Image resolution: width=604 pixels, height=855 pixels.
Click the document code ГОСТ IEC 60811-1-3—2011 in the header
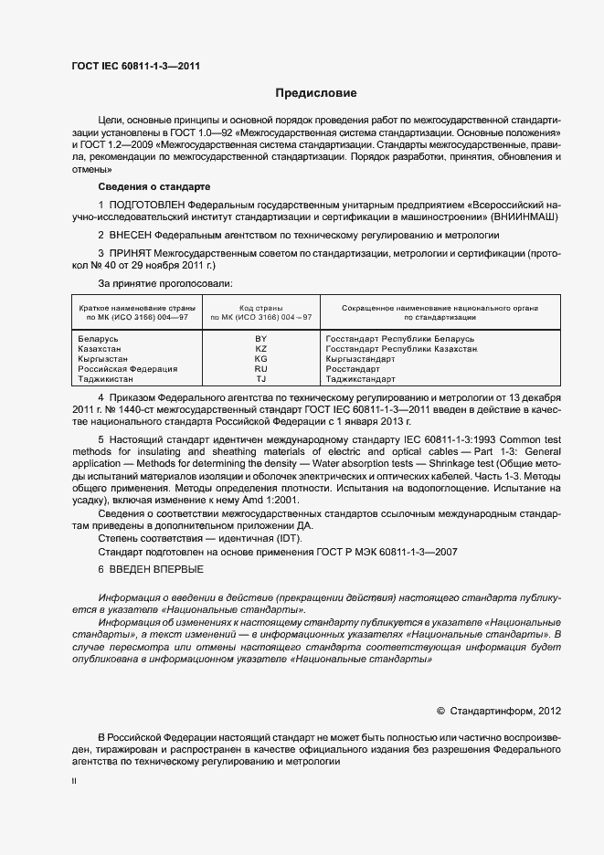(136, 66)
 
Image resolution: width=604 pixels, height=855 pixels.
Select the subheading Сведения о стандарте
(148, 186)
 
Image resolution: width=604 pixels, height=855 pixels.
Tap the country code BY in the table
(260, 339)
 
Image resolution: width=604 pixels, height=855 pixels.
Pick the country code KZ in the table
(260, 349)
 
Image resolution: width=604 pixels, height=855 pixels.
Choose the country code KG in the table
(260, 359)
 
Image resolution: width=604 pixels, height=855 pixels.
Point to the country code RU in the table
(260, 369)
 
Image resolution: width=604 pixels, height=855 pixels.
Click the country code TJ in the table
(260, 379)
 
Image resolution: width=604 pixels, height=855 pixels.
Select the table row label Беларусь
(100, 339)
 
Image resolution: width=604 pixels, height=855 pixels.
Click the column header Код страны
(260, 309)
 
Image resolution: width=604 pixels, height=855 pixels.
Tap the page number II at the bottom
(74, 784)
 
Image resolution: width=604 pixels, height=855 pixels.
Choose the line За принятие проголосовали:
(158, 285)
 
